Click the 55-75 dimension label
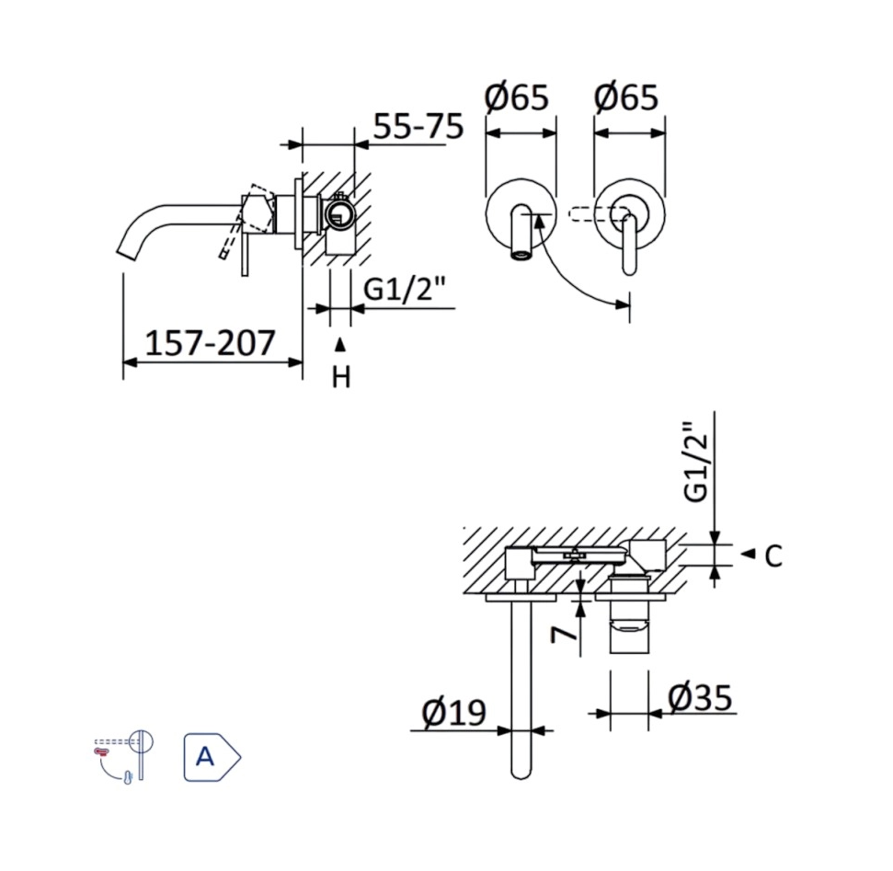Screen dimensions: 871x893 tap(418, 126)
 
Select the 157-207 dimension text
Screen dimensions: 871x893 tap(211, 343)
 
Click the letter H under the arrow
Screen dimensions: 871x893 tap(341, 377)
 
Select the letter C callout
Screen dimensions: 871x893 tap(773, 556)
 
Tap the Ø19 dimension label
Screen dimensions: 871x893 tap(453, 711)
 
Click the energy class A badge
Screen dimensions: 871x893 tap(211, 757)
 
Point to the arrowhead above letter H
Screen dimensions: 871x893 tap(340, 345)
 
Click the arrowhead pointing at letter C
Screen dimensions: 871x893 tap(748, 554)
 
